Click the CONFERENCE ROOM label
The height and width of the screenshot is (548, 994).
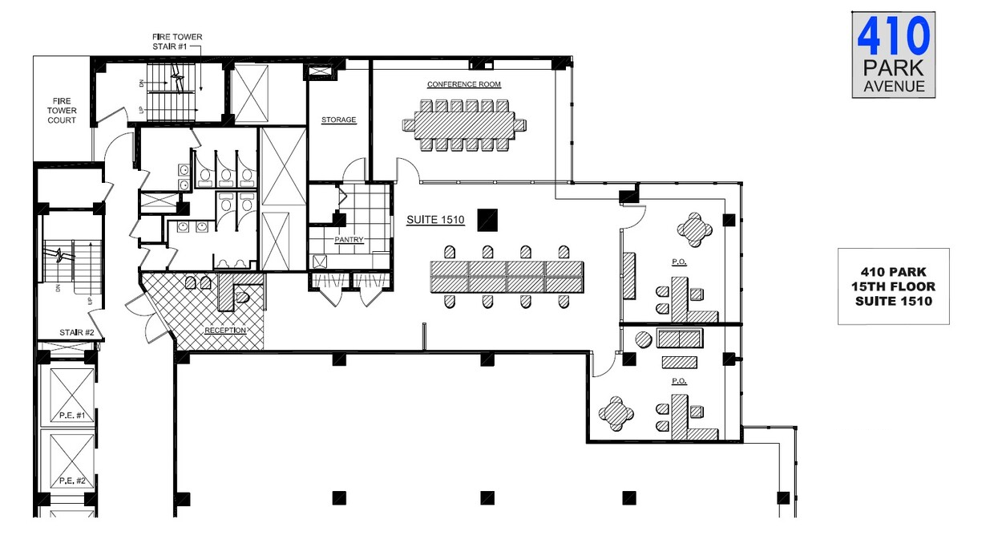coord(463,84)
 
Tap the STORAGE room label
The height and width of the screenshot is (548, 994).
coord(338,120)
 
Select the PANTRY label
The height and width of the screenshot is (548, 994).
coord(349,239)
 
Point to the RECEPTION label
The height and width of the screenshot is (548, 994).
coord(225,330)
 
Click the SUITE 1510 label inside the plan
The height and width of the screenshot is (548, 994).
coord(435,219)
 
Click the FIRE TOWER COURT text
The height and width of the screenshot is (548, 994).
coord(62,111)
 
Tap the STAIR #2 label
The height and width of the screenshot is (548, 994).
coord(77,332)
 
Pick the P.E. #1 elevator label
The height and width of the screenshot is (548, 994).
coord(72,416)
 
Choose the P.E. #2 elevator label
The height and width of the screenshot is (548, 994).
coord(72,481)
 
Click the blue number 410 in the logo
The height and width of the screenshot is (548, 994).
coord(894,36)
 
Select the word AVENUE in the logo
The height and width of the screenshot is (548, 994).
coord(894,86)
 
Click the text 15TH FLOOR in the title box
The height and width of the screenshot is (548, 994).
coord(893,286)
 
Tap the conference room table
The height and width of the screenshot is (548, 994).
coord(464,125)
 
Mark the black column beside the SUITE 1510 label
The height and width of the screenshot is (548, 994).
coord(487,220)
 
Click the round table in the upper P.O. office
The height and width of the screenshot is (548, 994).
coord(694,229)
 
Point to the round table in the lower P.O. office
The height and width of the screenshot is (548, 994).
coord(616,413)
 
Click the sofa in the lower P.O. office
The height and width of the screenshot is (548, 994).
coord(680,339)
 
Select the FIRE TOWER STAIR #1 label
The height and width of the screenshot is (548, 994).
coord(177,41)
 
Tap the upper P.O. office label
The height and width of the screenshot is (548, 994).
coord(679,262)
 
